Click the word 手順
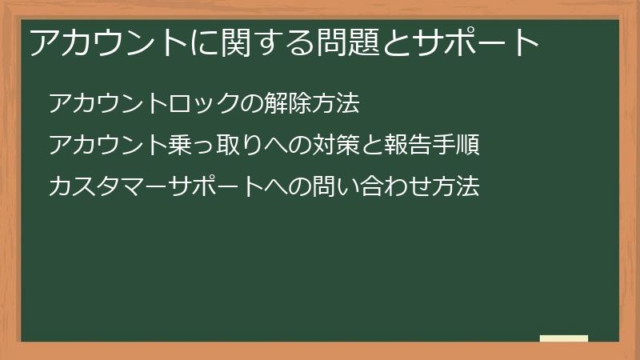459,146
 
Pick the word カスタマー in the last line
109,187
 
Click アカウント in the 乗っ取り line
109,146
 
